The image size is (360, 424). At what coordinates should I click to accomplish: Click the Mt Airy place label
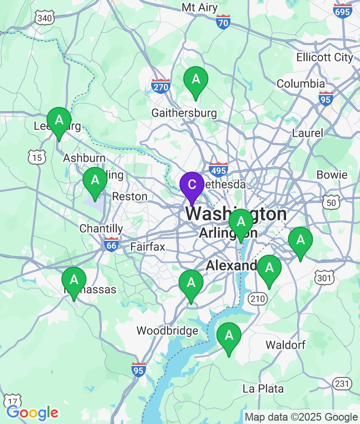pyautogui.click(x=200, y=8)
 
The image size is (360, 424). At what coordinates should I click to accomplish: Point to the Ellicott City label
pyautogui.click(x=324, y=57)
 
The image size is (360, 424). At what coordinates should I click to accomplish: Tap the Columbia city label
pyautogui.click(x=301, y=83)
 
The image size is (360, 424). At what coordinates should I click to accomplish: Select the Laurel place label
pyautogui.click(x=308, y=133)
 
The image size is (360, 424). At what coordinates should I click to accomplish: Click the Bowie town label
pyautogui.click(x=332, y=175)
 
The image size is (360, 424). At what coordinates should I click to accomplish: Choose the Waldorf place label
pyautogui.click(x=285, y=345)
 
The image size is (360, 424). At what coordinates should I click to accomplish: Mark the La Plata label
pyautogui.click(x=263, y=389)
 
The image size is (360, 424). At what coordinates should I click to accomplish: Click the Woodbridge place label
pyautogui.click(x=167, y=331)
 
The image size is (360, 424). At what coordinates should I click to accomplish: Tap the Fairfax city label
pyautogui.click(x=147, y=247)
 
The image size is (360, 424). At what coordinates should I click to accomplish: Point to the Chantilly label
pyautogui.click(x=101, y=228)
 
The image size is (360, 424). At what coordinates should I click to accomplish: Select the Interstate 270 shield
pyautogui.click(x=160, y=85)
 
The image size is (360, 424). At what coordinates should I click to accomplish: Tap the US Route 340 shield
pyautogui.click(x=44, y=18)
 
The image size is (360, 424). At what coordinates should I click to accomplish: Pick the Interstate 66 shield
pyautogui.click(x=111, y=244)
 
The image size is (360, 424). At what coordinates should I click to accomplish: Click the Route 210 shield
pyautogui.click(x=257, y=299)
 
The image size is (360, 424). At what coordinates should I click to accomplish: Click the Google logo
pyautogui.click(x=32, y=412)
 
